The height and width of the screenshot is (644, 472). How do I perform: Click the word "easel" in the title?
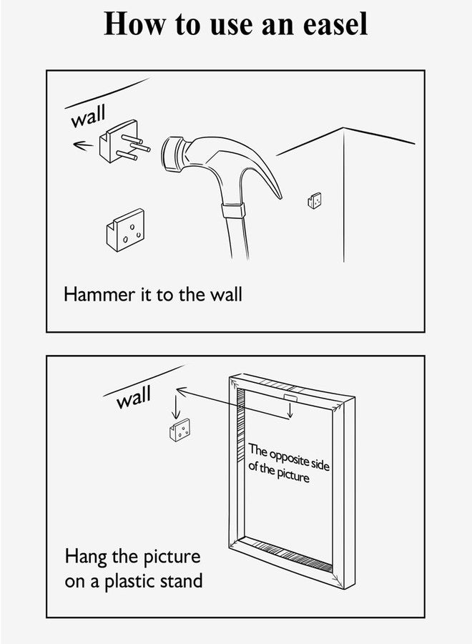point(335,24)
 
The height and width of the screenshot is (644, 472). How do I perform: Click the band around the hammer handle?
point(234,210)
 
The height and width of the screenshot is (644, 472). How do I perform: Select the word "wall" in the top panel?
point(88,116)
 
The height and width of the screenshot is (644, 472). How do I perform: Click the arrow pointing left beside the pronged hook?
point(83,145)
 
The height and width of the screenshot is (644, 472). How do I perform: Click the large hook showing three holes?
point(125,230)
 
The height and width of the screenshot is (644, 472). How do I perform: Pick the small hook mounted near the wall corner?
point(315,200)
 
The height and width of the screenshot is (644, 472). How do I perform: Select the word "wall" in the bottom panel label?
point(134,396)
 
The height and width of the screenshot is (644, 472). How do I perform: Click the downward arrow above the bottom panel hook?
point(176,406)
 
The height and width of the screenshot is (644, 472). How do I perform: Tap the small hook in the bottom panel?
point(180,430)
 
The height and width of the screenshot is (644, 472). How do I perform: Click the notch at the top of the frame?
point(291,398)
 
